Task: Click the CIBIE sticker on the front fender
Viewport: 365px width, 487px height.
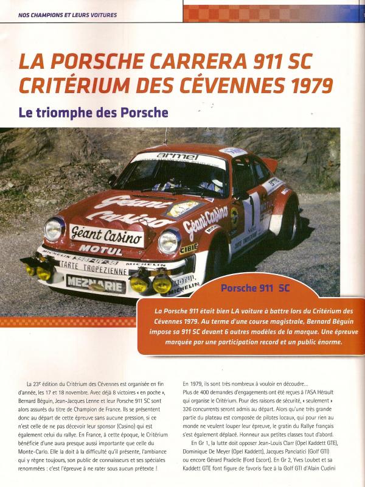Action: (189, 248)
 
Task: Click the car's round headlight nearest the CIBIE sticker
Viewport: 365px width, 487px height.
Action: (169, 240)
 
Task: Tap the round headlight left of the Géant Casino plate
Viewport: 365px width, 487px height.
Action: (55, 229)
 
